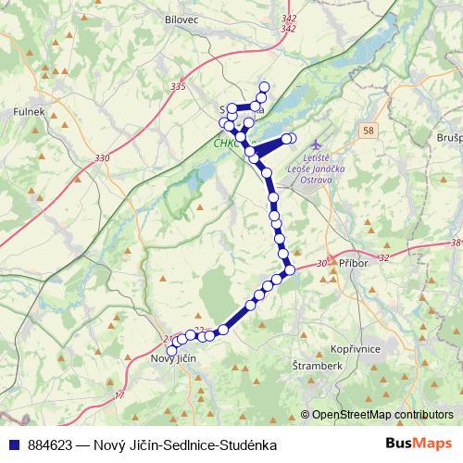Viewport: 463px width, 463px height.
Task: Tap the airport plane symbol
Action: coord(319,145)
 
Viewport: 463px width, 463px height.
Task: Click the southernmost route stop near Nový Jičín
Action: coord(170,351)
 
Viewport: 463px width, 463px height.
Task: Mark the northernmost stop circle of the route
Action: coord(264,88)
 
